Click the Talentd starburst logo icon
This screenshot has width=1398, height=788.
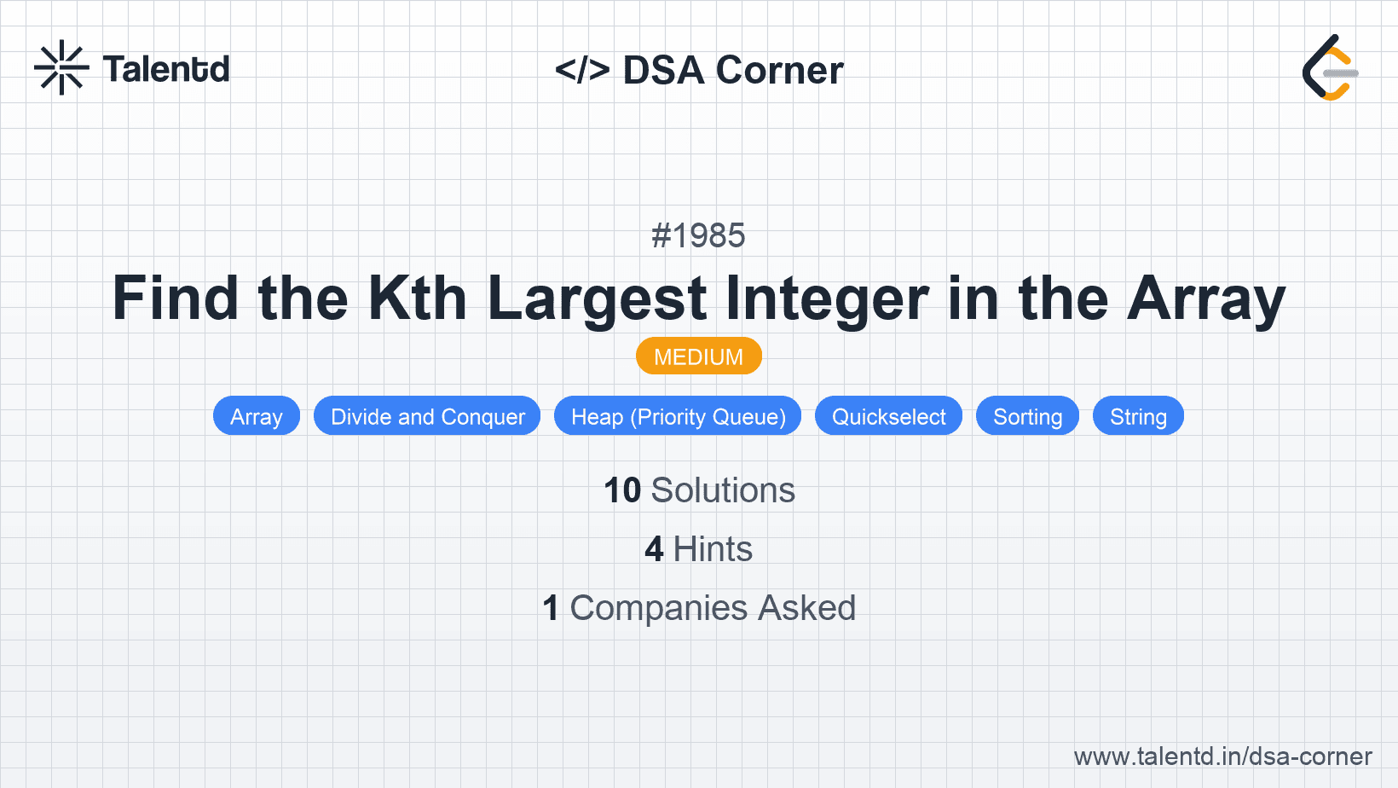[61, 67]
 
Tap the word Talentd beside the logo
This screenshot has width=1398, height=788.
[166, 69]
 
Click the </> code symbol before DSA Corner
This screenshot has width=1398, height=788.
[582, 70]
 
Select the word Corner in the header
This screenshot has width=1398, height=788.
[780, 70]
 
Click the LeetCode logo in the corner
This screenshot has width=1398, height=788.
[1330, 68]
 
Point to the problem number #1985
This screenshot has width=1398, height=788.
[698, 235]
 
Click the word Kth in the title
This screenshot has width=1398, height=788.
[418, 298]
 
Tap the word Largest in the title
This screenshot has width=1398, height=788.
[597, 298]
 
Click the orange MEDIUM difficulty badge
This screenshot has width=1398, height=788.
[698, 356]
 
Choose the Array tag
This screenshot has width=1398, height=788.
[256, 416]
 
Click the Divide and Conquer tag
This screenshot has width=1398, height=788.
[427, 416]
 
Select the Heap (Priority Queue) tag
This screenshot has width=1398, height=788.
[678, 416]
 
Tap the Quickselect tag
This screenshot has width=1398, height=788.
[888, 416]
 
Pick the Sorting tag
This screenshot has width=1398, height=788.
[1027, 416]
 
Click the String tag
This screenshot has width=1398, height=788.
[1138, 416]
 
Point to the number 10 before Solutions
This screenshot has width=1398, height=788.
[622, 490]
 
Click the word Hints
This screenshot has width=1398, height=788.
[713, 549]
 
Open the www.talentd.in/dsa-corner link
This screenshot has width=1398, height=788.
[1222, 756]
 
